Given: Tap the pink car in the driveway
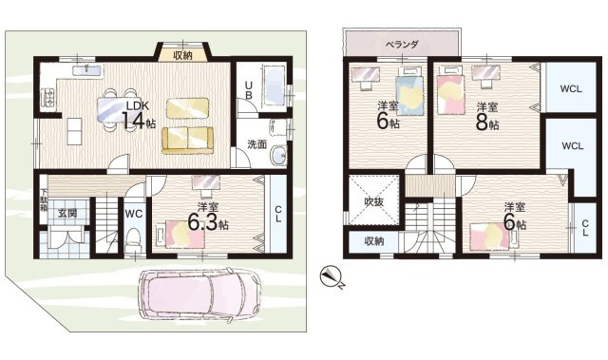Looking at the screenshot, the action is click(200, 294).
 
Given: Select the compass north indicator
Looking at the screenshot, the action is click(332, 278).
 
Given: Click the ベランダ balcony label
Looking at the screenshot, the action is click(402, 44).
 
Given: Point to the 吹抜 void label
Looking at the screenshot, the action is click(373, 201).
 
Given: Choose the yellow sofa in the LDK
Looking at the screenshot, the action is click(188, 141).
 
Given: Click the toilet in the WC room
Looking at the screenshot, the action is click(134, 239).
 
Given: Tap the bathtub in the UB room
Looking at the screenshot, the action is click(275, 86).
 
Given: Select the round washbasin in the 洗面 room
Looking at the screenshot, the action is click(278, 156).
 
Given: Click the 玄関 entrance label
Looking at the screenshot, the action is click(67, 213).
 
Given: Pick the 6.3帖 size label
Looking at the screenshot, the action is click(208, 222).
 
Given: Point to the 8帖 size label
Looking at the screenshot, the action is click(487, 123).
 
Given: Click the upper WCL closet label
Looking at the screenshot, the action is click(571, 88).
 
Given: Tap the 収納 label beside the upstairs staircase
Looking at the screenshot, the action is click(374, 241).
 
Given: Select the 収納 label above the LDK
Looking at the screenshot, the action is click(182, 56).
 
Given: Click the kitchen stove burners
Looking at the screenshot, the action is click(49, 97).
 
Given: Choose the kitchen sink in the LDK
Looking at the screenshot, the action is click(87, 70).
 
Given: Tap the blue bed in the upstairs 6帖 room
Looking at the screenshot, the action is click(408, 95).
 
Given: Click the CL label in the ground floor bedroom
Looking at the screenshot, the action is click(278, 214).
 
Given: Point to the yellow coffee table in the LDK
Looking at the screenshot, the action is click(188, 108).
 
